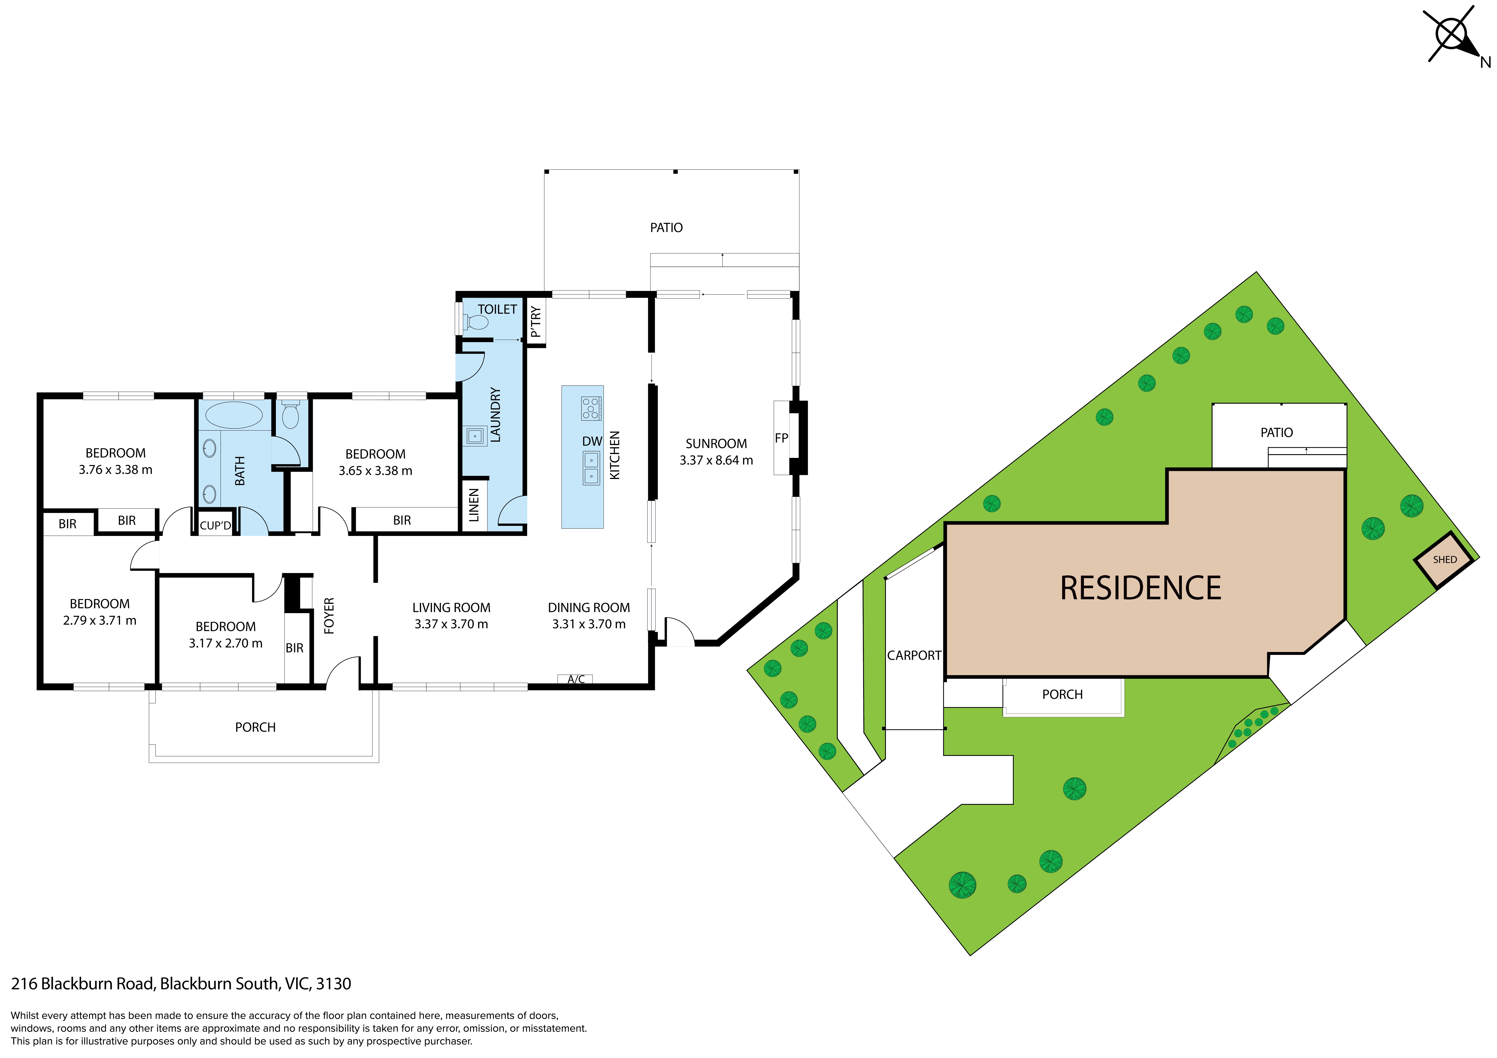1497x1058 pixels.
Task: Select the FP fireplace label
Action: pos(781,438)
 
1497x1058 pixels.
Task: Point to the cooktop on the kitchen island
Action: pos(591,408)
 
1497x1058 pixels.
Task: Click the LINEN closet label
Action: pos(474,505)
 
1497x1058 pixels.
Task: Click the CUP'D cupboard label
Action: pos(215,525)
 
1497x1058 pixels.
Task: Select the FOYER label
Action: pos(329,615)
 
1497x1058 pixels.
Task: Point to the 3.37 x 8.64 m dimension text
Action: pos(716,460)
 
